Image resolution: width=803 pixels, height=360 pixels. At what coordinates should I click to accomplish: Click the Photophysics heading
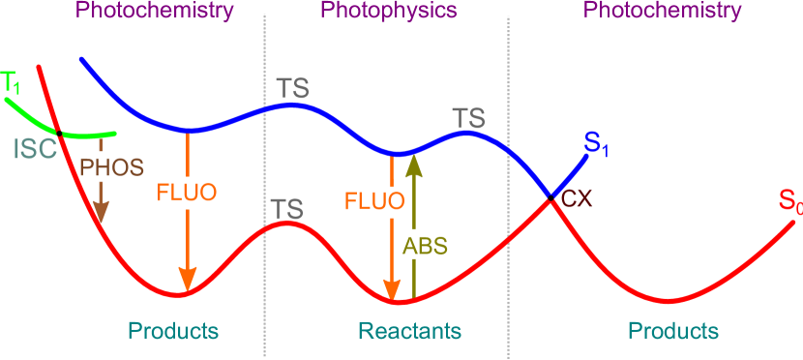click(x=388, y=12)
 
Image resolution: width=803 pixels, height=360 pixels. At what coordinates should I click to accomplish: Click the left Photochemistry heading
click(x=154, y=12)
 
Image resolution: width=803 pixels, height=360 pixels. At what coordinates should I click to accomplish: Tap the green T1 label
click(x=12, y=82)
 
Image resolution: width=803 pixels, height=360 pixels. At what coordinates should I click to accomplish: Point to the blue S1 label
click(x=596, y=145)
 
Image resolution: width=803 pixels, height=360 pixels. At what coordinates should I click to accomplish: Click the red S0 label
click(x=789, y=203)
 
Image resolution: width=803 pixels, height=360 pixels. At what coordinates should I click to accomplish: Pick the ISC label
click(x=36, y=148)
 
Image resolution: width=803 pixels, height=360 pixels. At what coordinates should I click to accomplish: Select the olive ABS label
click(x=426, y=245)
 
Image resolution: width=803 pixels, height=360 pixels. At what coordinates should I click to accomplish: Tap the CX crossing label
click(x=577, y=199)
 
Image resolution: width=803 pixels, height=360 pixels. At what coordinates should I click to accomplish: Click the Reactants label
click(x=409, y=331)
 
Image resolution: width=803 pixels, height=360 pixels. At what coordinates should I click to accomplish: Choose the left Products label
click(x=174, y=331)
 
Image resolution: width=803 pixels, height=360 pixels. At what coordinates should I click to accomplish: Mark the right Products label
click(x=673, y=331)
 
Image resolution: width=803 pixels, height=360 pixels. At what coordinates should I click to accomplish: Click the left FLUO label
click(x=187, y=190)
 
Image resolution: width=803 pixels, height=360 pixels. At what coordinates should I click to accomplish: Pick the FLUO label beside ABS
click(x=373, y=202)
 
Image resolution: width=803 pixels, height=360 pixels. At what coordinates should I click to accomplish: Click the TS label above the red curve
click(x=287, y=208)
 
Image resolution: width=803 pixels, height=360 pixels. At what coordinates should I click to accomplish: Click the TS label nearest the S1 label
click(x=468, y=118)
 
